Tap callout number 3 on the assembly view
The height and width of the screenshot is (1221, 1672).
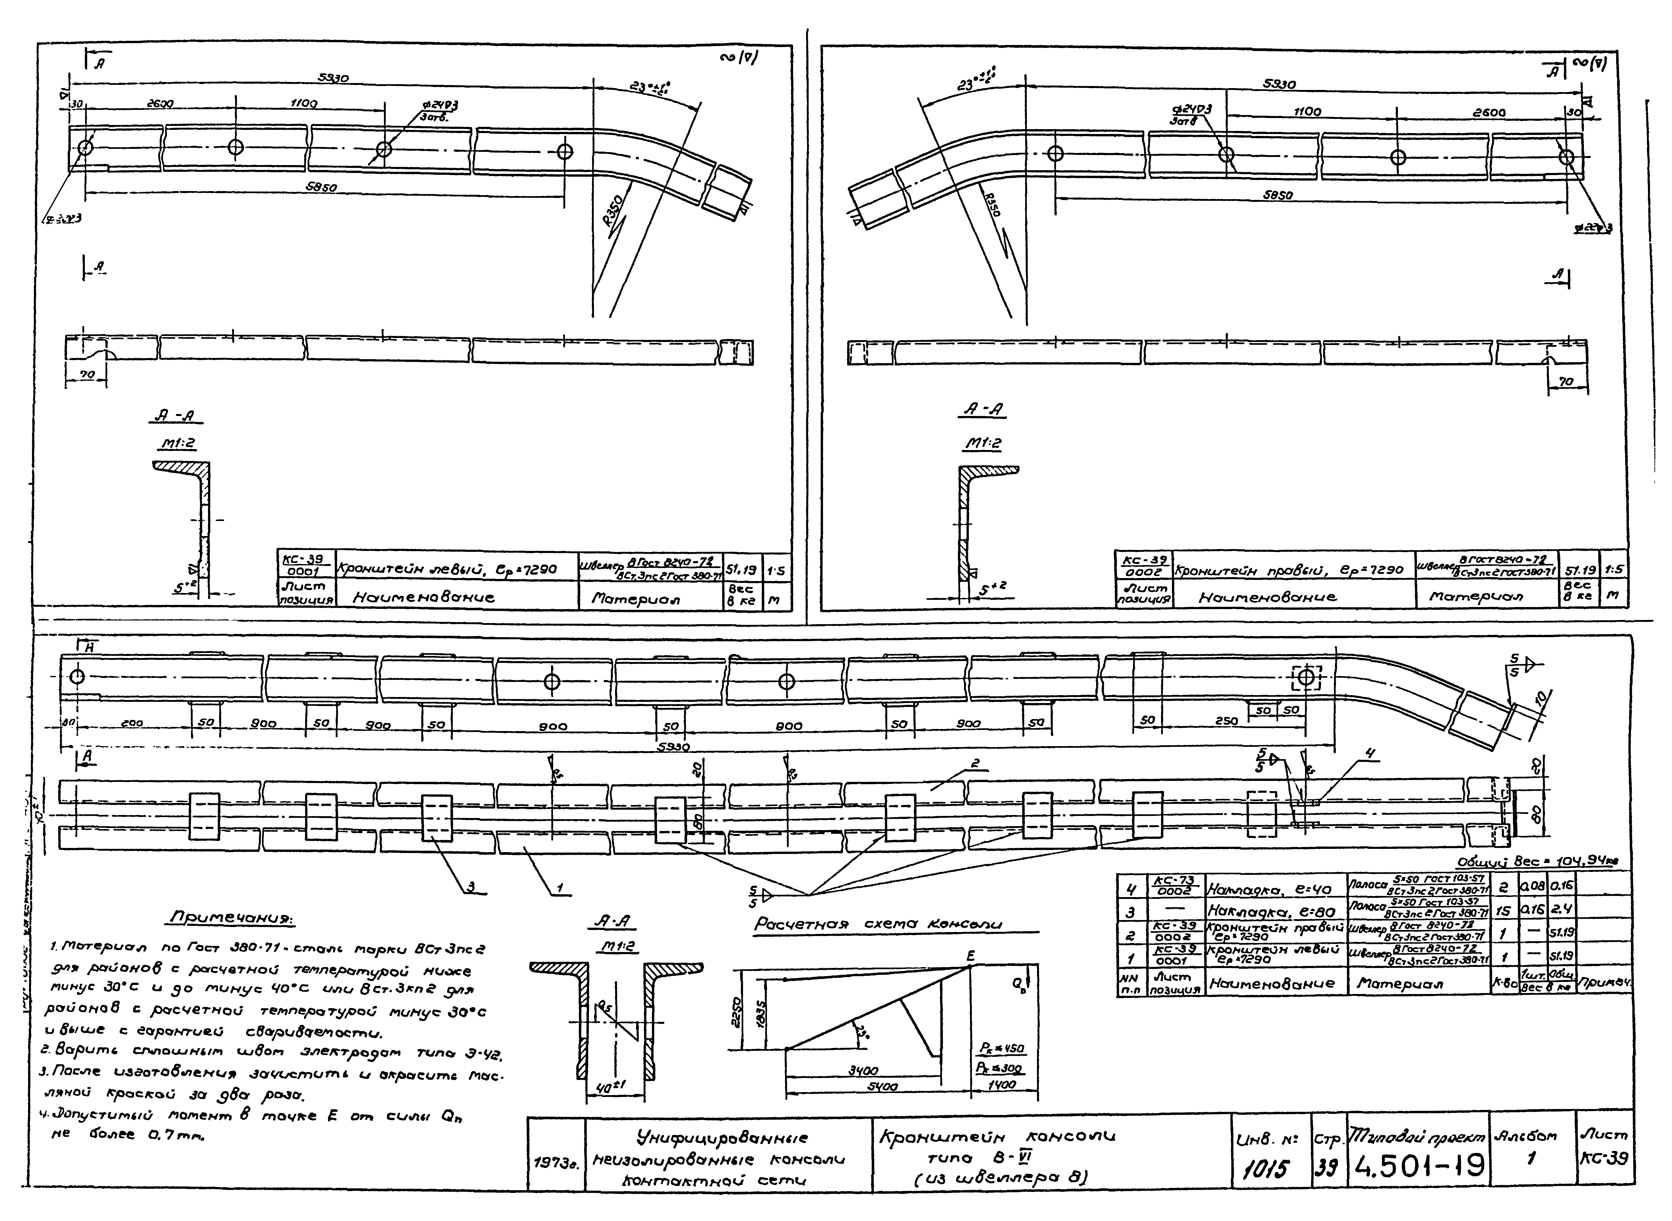(471, 888)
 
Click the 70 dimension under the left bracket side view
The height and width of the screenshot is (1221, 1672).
(87, 375)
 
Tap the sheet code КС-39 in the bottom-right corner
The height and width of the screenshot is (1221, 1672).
(1603, 1159)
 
